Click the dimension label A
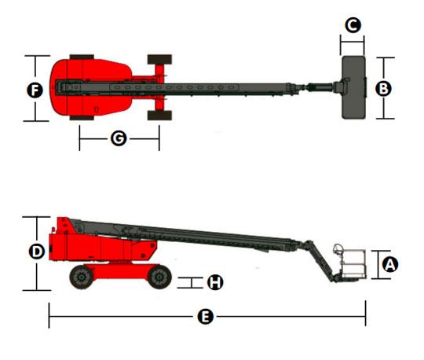click(390, 264)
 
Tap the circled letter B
click(383, 89)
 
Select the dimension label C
click(353, 25)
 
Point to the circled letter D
click(36, 252)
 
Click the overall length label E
click(206, 317)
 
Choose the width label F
click(35, 90)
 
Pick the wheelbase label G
click(119, 138)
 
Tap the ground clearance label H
click(215, 282)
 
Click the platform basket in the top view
click(354, 87)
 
